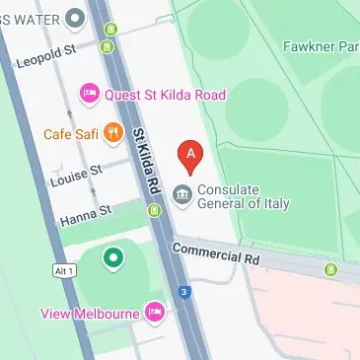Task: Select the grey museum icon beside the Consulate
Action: (182, 194)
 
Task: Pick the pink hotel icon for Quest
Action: (89, 95)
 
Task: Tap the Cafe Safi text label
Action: (70, 134)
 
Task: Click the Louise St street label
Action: (76, 175)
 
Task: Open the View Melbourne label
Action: (89, 314)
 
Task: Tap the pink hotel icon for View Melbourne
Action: (154, 314)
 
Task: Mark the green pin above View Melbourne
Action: (113, 258)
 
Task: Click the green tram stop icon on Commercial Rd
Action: (330, 268)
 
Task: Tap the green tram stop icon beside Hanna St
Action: (153, 210)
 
